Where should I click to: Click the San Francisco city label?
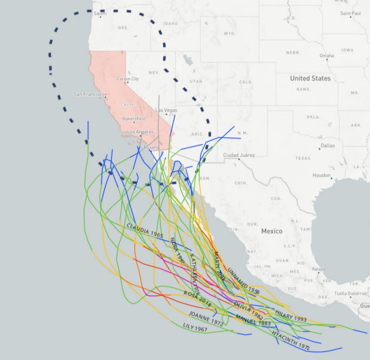click(x=89, y=94)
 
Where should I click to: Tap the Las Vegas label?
click(x=166, y=110)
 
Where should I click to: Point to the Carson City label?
click(x=128, y=79)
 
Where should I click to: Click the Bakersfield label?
click(x=134, y=119)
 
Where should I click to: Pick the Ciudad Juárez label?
click(x=239, y=155)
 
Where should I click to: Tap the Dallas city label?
click(x=327, y=146)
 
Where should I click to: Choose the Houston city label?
click(x=322, y=175)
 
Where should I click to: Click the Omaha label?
click(x=326, y=56)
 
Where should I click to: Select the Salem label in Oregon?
click(x=100, y=14)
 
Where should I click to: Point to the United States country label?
click(x=310, y=78)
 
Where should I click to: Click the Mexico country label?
click(x=272, y=231)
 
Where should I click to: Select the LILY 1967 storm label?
click(x=194, y=327)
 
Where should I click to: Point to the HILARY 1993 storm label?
click(x=291, y=315)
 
